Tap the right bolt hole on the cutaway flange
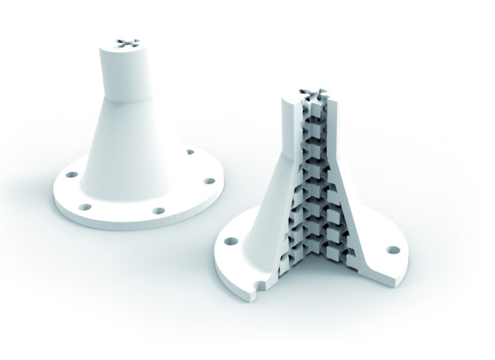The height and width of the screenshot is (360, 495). click(391, 249)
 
